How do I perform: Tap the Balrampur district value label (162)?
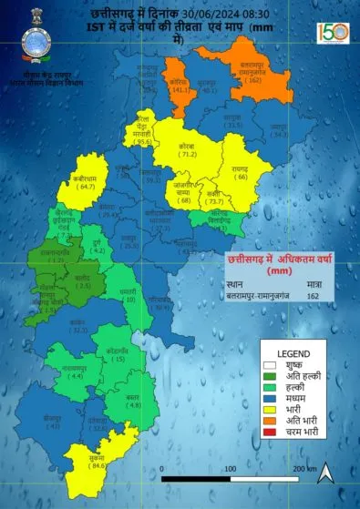coord(253,80)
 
